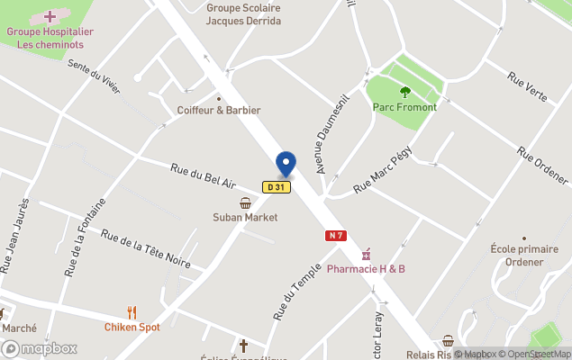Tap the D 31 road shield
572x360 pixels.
pyautogui.click(x=276, y=187)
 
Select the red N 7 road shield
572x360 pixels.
pyautogui.click(x=336, y=235)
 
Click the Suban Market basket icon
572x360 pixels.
pyautogui.click(x=245, y=203)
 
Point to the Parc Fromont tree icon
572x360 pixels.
pyautogui.click(x=404, y=91)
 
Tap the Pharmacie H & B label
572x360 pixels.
pyautogui.click(x=366, y=268)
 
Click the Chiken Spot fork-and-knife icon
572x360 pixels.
pyautogui.click(x=132, y=312)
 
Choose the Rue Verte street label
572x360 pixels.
pyautogui.click(x=527, y=86)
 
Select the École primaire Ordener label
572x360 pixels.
pyautogui.click(x=517, y=255)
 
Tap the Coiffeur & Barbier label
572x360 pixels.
pyautogui.click(x=219, y=110)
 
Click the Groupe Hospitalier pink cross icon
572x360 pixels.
pyautogui.click(x=50, y=16)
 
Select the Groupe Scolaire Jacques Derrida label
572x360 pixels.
pyautogui.click(x=243, y=13)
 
